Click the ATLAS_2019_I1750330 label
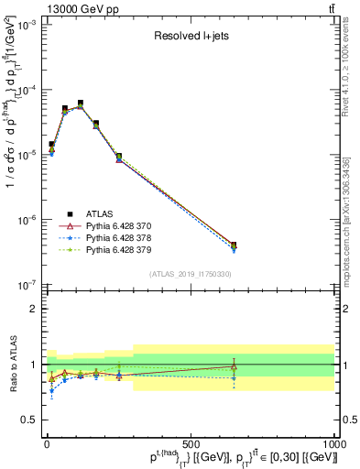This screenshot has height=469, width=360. (x=190, y=274)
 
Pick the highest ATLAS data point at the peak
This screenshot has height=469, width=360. (x=81, y=104)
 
